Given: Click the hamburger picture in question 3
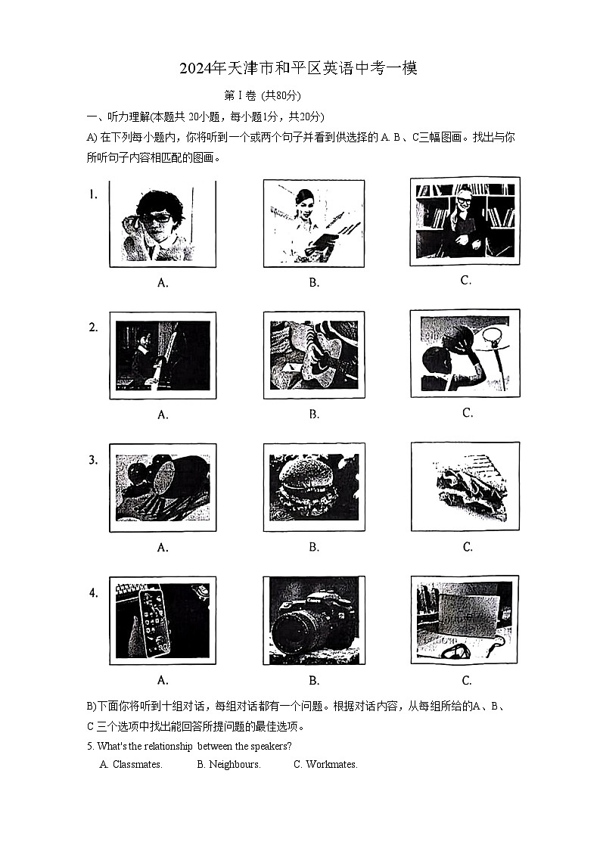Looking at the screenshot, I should [313, 487].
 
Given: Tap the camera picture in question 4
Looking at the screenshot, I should [313, 620].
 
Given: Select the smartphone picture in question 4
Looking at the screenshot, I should [162, 620].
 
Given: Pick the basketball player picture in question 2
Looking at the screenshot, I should [465, 353].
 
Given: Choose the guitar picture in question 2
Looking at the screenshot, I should [313, 355].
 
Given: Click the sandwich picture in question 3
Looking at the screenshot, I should [465, 487].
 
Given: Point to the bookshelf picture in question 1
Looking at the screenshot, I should [465, 221].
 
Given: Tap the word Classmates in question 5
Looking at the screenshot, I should [137, 765].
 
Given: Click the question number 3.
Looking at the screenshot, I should [93, 460].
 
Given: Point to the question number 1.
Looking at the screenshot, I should [93, 194].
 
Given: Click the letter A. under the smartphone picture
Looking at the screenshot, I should [162, 680].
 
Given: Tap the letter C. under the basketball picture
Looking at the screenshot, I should [467, 413].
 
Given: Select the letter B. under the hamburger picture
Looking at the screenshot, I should [314, 547].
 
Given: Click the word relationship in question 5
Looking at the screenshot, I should [164, 746].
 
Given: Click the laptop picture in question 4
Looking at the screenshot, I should [465, 620].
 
